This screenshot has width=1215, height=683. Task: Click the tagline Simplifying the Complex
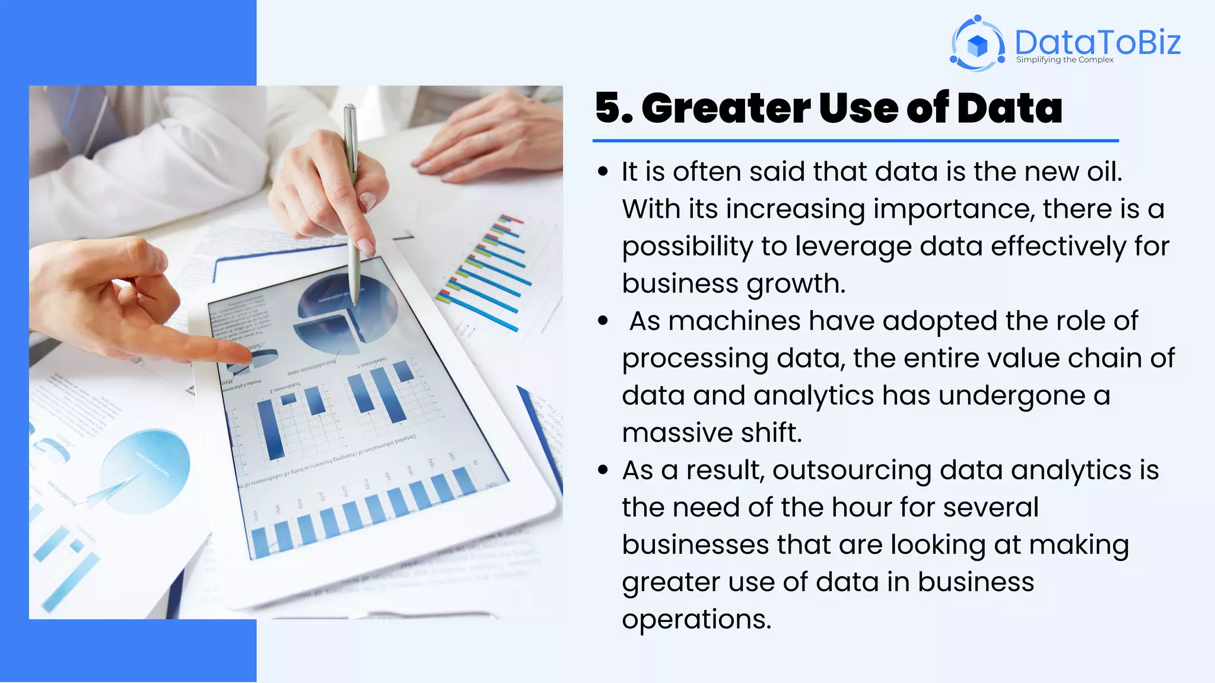(1064, 60)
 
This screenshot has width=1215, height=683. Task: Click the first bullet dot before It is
(603, 172)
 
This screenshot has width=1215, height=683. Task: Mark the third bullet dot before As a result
(603, 471)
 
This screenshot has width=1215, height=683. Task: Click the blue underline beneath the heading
(855, 141)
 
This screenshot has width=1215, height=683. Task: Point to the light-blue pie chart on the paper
(145, 471)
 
